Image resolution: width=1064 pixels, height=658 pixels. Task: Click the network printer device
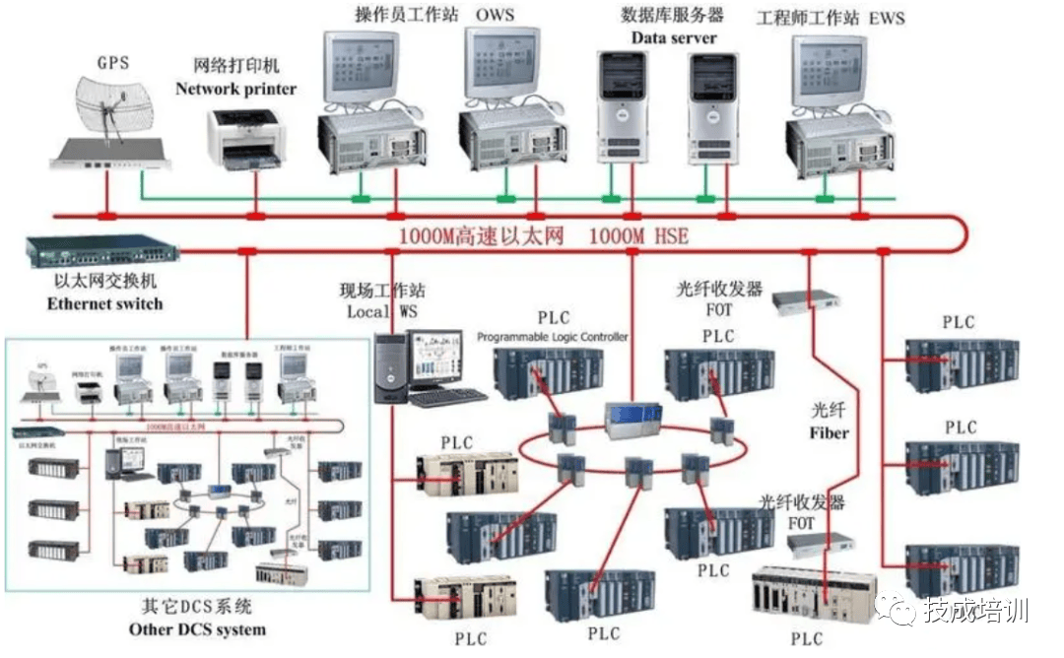point(244,139)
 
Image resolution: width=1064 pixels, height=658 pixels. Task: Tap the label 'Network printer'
point(235,89)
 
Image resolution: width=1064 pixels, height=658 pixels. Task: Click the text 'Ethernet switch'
point(104,303)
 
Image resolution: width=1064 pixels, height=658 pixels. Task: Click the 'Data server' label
point(674,37)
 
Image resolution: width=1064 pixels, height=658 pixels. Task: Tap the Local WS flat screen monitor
point(437,359)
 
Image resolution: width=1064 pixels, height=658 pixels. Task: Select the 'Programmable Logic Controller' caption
point(553,337)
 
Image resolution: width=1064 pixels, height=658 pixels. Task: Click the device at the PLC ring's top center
point(628,419)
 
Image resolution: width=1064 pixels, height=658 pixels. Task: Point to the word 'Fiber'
point(829,432)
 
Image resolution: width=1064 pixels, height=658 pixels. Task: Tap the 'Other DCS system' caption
point(197,628)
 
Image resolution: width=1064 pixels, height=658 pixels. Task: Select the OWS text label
point(495,15)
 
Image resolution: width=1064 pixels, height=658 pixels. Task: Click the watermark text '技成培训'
point(975,611)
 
